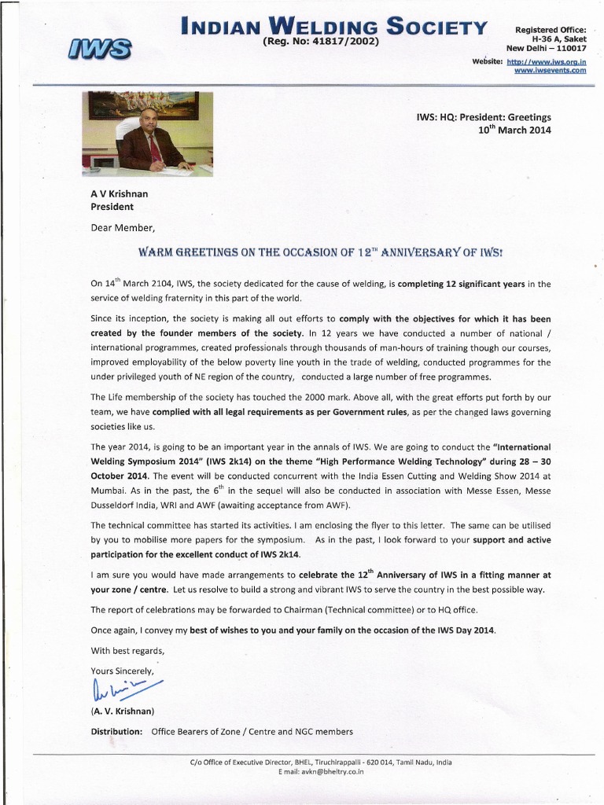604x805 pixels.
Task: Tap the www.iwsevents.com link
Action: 550,71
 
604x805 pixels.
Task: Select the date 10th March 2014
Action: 515,130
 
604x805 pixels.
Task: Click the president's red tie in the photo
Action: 154,147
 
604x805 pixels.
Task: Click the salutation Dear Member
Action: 118,229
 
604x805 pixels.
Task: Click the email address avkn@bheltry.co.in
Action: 321,772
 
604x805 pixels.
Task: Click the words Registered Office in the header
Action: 551,30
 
